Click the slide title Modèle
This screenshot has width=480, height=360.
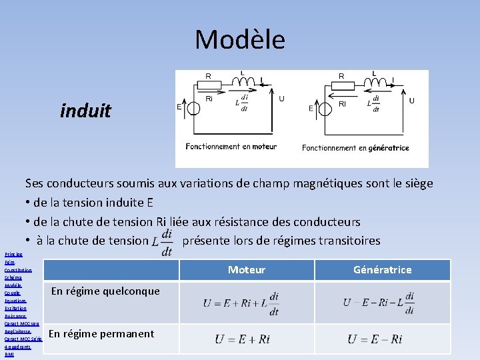pos(240,40)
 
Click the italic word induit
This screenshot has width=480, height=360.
pos(85,110)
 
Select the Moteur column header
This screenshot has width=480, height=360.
pos(247,269)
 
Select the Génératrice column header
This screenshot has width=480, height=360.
pos(383,269)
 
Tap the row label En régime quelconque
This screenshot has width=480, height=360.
pos(105,291)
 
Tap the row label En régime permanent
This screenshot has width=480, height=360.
pos(101,333)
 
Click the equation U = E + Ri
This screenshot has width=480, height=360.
pos(242,339)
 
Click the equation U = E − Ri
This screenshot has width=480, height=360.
pos(375,339)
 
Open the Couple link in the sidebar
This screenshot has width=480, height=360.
pos(12,293)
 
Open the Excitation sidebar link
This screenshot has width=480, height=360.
pos(15,308)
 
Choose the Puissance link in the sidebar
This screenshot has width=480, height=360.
pos(15,316)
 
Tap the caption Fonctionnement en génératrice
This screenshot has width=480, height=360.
pos(355,148)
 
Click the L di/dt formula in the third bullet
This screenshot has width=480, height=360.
pos(162,241)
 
